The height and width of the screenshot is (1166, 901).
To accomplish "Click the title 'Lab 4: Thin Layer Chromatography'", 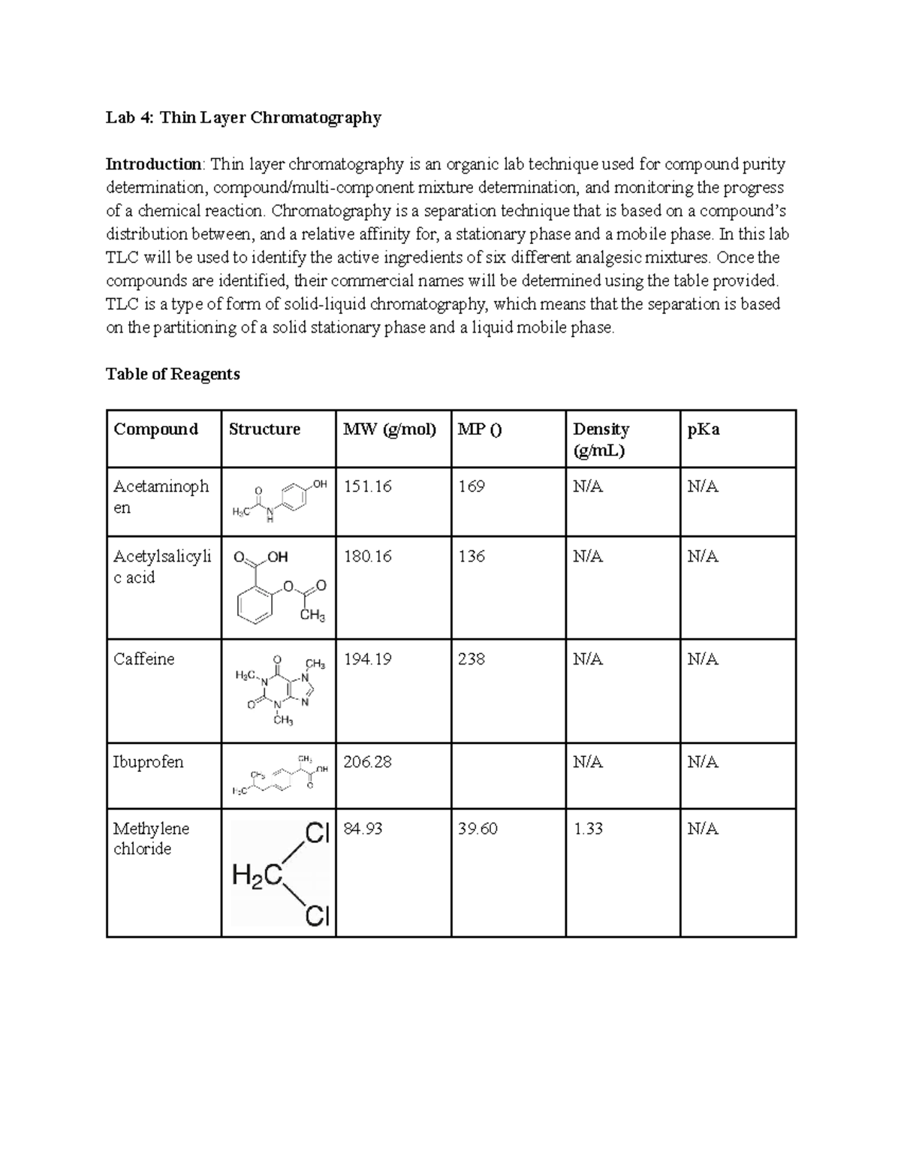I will coord(243,118).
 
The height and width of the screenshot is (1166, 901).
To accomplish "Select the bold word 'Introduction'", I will coord(153,164).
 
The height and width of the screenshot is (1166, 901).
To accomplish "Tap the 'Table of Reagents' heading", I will coord(173,374).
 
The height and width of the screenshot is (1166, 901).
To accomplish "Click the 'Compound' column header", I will coord(155,429).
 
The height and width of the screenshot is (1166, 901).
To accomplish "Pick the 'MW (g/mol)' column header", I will coord(389,429).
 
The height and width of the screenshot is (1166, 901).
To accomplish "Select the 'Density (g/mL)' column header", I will coord(601,439).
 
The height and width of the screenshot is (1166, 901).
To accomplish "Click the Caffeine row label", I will coord(143,659).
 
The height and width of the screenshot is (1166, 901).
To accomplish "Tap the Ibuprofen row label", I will coord(148,762).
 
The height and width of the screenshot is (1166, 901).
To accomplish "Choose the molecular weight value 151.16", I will coord(367,487).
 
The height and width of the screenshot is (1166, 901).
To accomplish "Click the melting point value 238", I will coord(472,659).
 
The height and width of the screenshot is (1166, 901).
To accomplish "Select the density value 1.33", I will coord(588,829).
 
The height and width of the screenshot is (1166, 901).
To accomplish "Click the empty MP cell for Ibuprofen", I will coord(508,776).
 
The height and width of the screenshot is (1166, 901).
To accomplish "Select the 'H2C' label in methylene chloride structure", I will coord(257,875).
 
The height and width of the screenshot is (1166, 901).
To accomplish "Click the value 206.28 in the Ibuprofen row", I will coord(367,762).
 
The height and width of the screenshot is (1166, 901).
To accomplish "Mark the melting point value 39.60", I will coord(478,829).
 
